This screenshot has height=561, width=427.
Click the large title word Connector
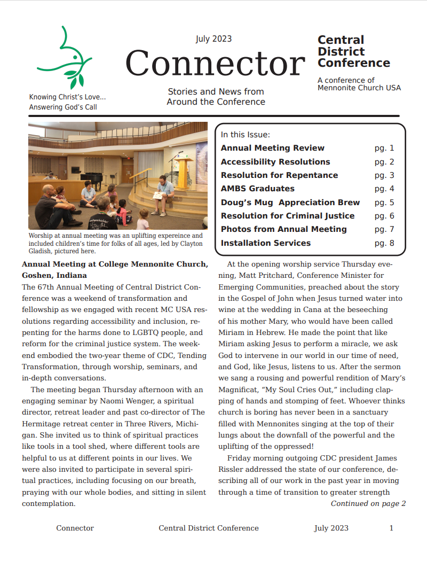click(x=215, y=63)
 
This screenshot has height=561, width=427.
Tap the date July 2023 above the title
click(x=213, y=39)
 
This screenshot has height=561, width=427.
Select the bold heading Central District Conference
click(x=353, y=51)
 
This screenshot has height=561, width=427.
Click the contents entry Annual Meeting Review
click(x=272, y=148)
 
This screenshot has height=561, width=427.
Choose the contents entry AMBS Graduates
click(x=257, y=189)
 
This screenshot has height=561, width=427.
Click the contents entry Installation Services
click(x=265, y=243)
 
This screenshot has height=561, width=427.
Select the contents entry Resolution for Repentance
click(x=279, y=175)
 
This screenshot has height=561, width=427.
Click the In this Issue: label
click(x=246, y=135)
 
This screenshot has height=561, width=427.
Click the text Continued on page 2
click(x=368, y=503)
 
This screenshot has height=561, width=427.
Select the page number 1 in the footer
click(x=391, y=528)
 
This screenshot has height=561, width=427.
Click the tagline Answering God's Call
click(x=63, y=107)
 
